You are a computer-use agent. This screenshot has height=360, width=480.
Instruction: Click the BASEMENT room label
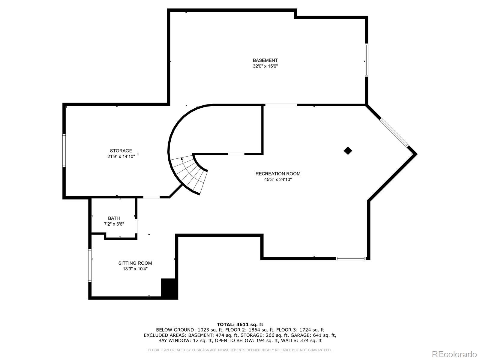265,60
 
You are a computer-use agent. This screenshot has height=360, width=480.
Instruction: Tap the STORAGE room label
121,151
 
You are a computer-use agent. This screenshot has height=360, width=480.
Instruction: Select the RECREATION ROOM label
278,174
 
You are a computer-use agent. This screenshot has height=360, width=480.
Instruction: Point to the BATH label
114,218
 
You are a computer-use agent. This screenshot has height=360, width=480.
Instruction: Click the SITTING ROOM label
135,263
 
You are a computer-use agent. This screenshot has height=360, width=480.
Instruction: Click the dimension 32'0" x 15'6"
265,66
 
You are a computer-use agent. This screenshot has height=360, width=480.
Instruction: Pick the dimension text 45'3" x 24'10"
278,180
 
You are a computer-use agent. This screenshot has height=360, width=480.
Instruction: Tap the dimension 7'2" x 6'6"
114,224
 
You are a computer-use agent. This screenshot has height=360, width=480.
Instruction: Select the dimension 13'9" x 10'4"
135,269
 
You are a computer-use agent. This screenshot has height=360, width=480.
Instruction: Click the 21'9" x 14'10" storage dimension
121,156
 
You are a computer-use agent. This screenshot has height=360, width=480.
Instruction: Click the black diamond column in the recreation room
348,151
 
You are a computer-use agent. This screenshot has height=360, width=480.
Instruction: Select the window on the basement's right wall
366,60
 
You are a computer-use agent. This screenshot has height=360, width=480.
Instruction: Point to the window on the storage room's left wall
64,150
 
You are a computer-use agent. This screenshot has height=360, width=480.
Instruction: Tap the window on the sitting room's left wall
90,265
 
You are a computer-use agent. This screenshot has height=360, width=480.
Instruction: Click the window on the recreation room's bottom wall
351,258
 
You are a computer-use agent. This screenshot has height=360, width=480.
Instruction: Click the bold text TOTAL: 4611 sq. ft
240,324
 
